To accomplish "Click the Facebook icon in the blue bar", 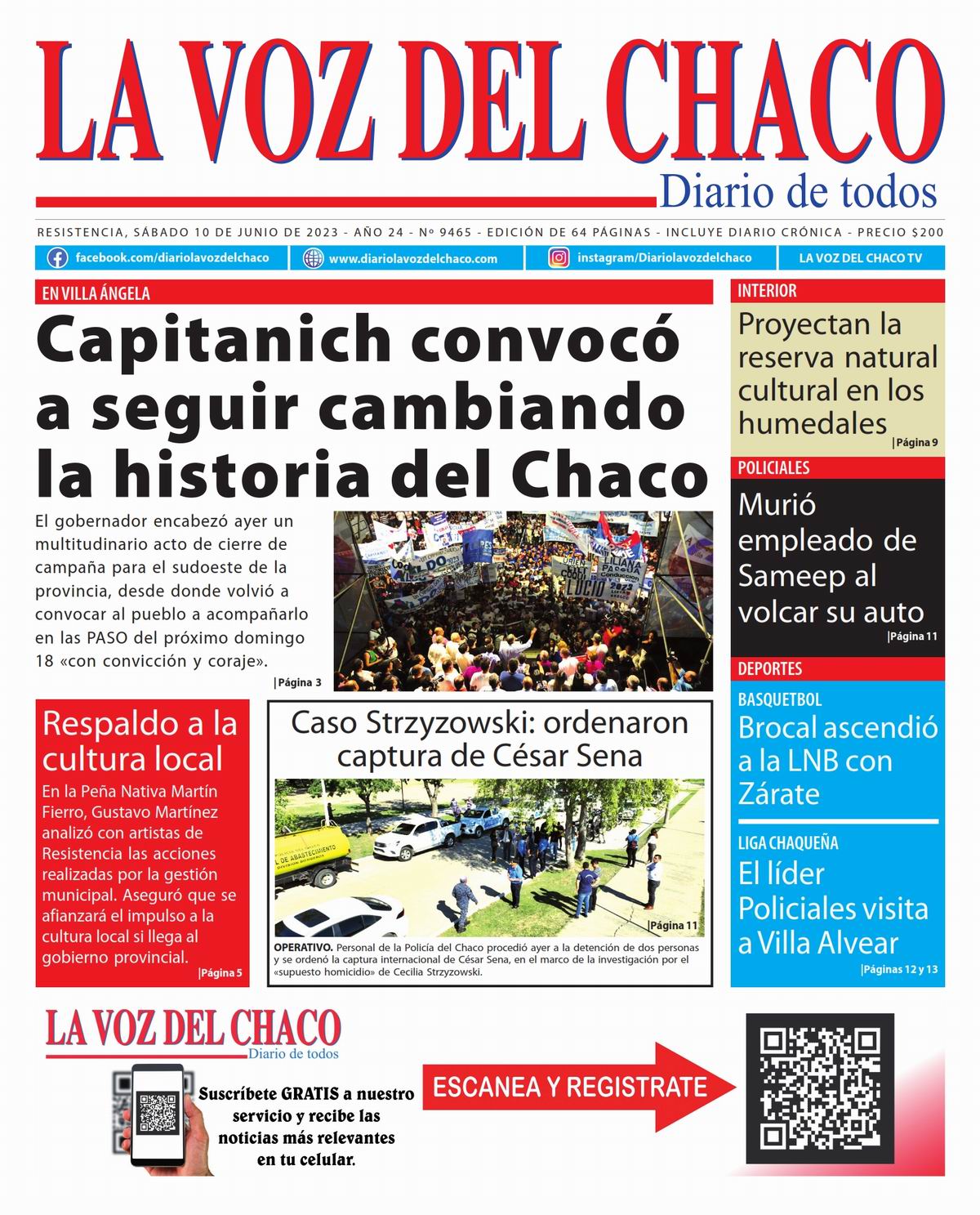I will pyautogui.click(x=57, y=258).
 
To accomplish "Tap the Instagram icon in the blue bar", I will pyautogui.click(x=559, y=258).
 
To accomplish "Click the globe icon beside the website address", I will pyautogui.click(x=313, y=258).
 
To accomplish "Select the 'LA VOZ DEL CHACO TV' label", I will pyautogui.click(x=860, y=258).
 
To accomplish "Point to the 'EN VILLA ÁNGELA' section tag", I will pyautogui.click(x=96, y=294).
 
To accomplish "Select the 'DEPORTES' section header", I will pyautogui.click(x=770, y=669).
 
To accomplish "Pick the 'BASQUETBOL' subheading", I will pyautogui.click(x=780, y=700).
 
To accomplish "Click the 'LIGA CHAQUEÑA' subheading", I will pyautogui.click(x=788, y=843).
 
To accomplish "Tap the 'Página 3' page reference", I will pyautogui.click(x=298, y=682).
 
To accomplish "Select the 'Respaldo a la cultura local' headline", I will pyautogui.click(x=140, y=741).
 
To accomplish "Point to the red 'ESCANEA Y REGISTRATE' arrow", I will pyautogui.click(x=577, y=1088).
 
